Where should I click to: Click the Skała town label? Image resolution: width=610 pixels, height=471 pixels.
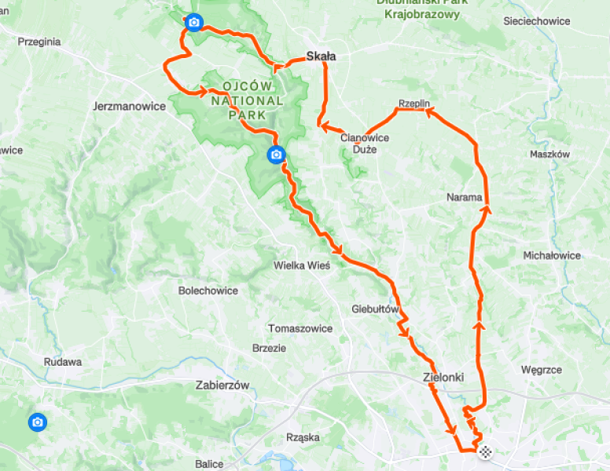click(x=320, y=57)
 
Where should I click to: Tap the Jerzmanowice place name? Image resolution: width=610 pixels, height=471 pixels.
click(x=129, y=105)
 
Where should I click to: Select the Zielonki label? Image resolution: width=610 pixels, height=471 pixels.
click(x=443, y=377)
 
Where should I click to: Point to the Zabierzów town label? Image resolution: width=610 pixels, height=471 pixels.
click(x=222, y=385)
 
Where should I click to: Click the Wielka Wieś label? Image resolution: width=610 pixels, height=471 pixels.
click(x=302, y=265)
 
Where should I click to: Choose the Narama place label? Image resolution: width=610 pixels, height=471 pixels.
click(x=464, y=197)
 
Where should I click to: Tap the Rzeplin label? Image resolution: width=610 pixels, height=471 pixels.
click(x=413, y=104)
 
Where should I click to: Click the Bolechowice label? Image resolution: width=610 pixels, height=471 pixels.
click(x=208, y=290)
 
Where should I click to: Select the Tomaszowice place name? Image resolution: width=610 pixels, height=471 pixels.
click(x=300, y=328)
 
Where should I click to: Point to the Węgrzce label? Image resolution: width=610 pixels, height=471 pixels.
click(x=541, y=369)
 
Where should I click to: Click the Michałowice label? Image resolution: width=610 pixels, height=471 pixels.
click(x=552, y=255)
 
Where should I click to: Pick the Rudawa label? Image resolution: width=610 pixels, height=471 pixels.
click(x=63, y=362)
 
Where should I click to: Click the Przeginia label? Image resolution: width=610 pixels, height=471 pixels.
click(x=39, y=42)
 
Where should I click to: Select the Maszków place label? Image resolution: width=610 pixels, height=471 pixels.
click(x=549, y=154)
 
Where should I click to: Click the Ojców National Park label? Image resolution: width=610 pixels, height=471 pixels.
click(x=247, y=100)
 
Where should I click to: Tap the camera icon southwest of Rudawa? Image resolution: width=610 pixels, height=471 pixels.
click(x=37, y=423)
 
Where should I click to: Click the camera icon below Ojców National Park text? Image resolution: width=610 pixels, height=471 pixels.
click(x=276, y=155)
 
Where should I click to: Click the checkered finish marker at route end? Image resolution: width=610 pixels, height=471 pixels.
click(x=486, y=451)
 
